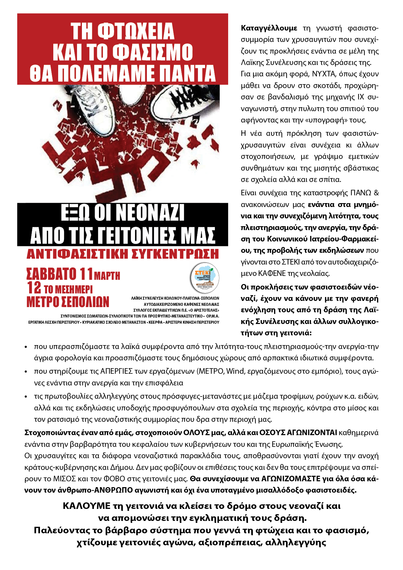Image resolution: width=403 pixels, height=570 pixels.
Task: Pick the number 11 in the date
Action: (86, 274)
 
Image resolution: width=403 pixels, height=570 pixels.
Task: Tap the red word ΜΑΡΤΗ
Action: (107, 276)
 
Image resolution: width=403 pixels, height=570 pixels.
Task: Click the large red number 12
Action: (34, 288)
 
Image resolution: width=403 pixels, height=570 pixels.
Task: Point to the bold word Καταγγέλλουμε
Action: (269, 28)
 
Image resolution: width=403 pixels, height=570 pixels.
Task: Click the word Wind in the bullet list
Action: (235, 371)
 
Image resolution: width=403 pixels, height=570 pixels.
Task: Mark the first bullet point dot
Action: (26, 347)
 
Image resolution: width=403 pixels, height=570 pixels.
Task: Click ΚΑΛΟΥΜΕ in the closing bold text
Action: (86, 506)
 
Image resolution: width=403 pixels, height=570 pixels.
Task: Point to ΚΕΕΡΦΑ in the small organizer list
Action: (155, 322)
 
